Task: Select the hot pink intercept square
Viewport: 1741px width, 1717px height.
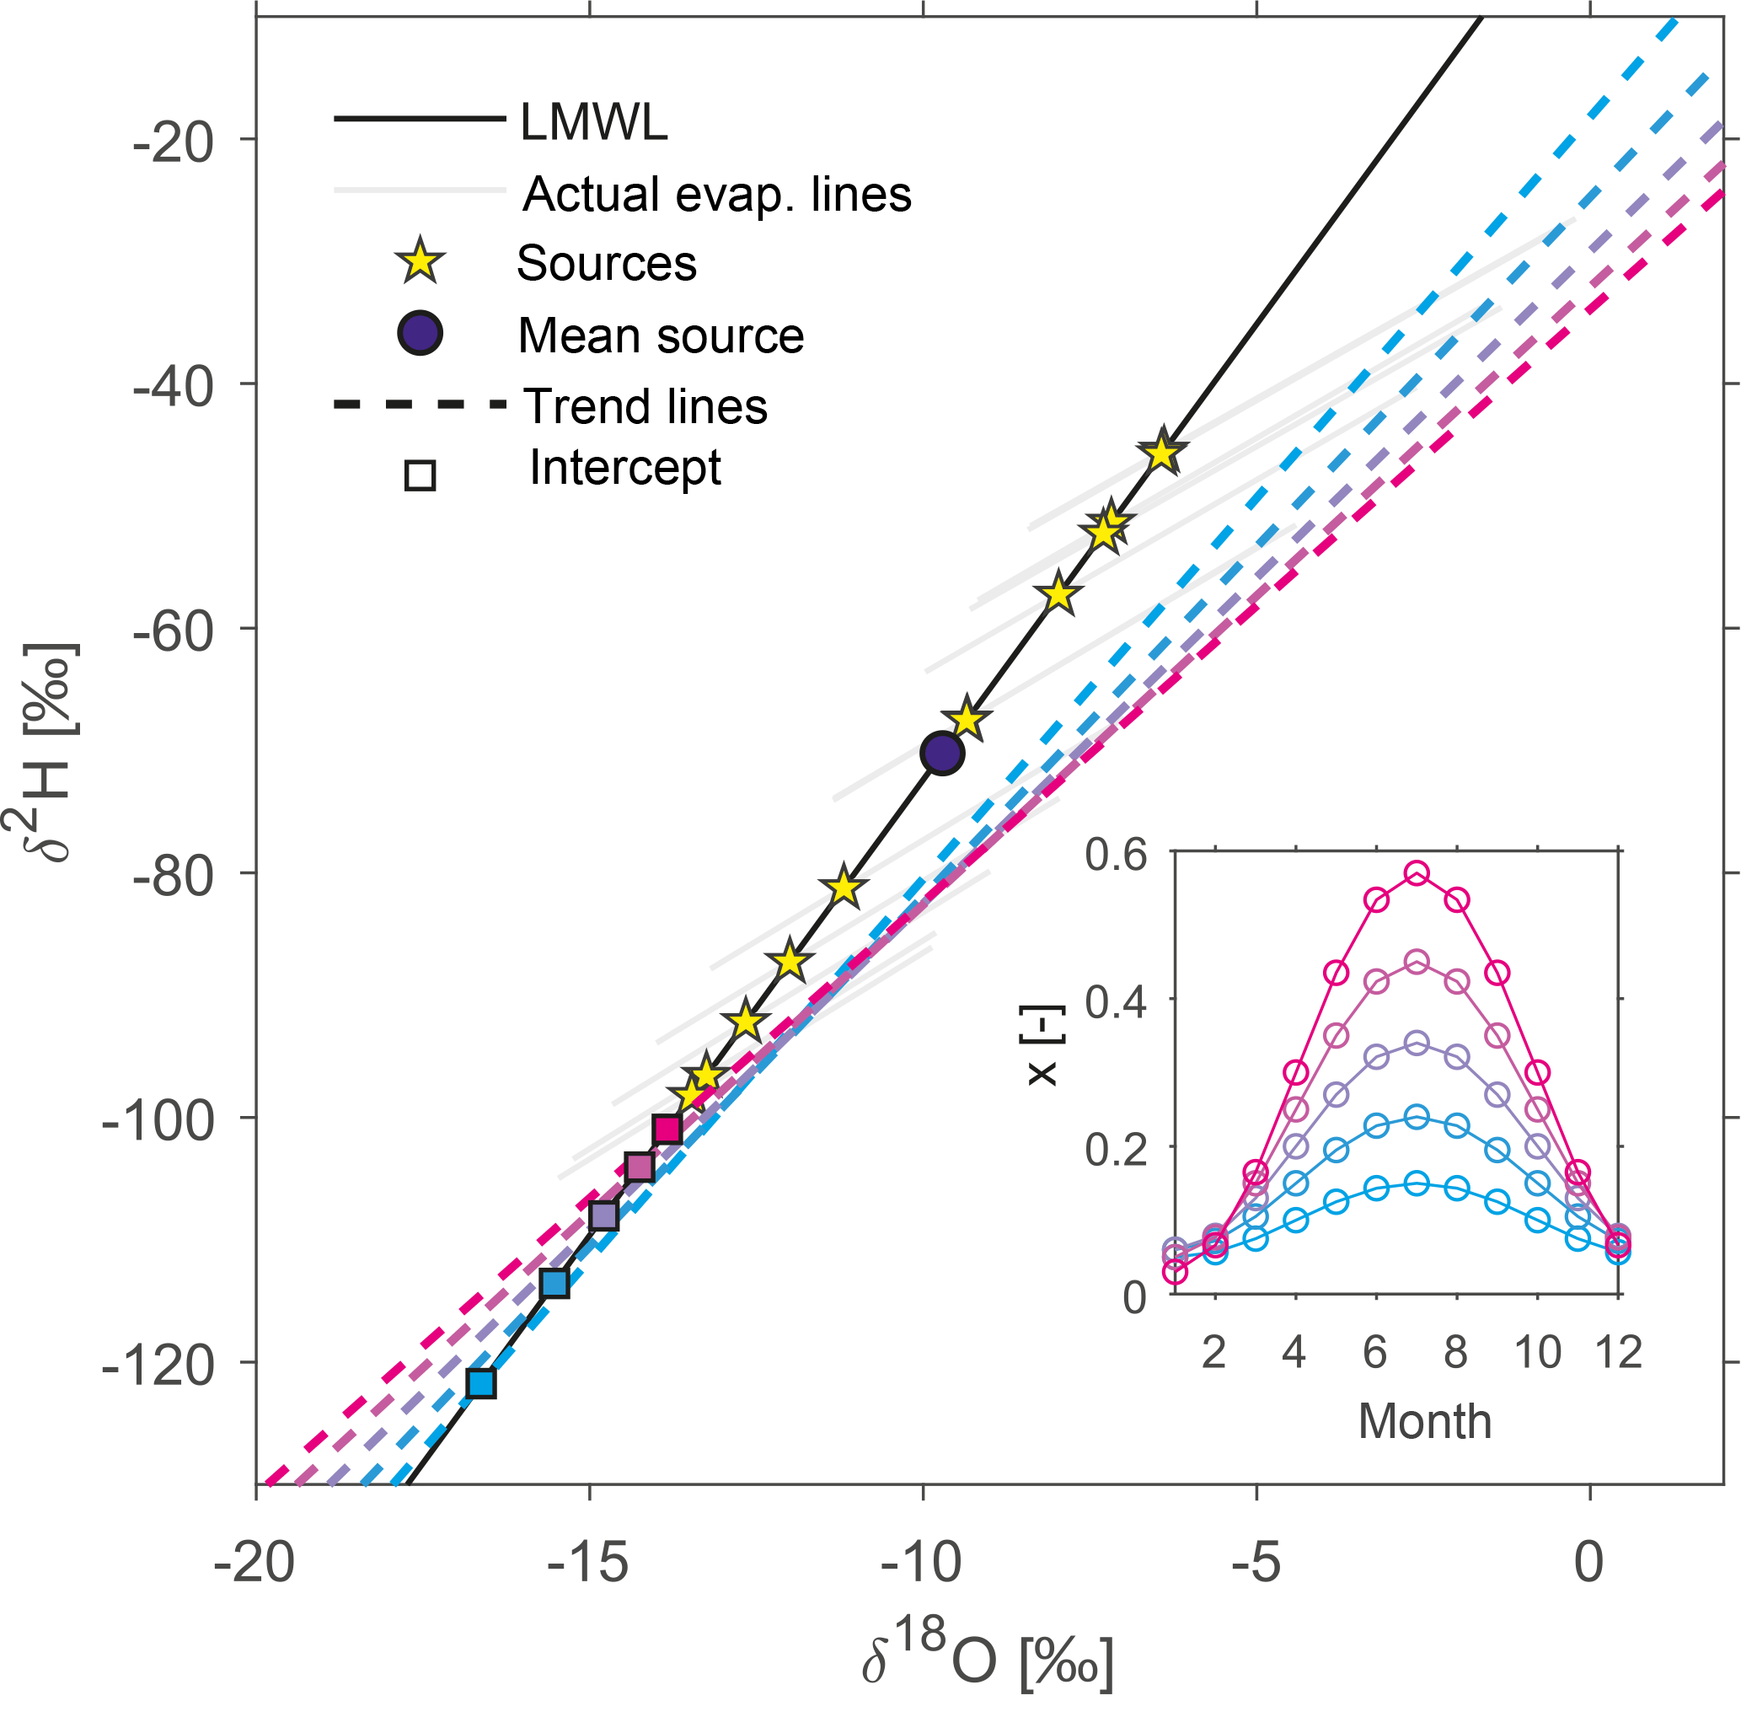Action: (x=667, y=1129)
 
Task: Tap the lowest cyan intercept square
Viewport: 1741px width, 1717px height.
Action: (x=482, y=1382)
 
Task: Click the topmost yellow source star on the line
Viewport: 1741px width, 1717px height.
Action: (x=1162, y=453)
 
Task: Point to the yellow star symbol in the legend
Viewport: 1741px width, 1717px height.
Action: (x=420, y=262)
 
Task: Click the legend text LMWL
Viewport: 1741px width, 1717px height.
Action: (x=594, y=121)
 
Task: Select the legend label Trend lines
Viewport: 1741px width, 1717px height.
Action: (x=646, y=405)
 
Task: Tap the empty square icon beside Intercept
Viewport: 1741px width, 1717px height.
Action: (x=420, y=475)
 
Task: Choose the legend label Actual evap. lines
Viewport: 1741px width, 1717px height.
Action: (x=716, y=194)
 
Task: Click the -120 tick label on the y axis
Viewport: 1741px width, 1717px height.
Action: (x=158, y=1365)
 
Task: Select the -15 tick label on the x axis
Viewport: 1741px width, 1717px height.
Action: (x=588, y=1562)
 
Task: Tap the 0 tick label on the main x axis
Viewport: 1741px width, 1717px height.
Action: (x=1588, y=1562)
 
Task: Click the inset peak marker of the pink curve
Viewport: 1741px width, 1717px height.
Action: (x=1417, y=872)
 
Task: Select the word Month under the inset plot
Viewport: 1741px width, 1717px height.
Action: (x=1425, y=1421)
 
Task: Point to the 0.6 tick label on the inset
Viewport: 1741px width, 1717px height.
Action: (x=1116, y=854)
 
